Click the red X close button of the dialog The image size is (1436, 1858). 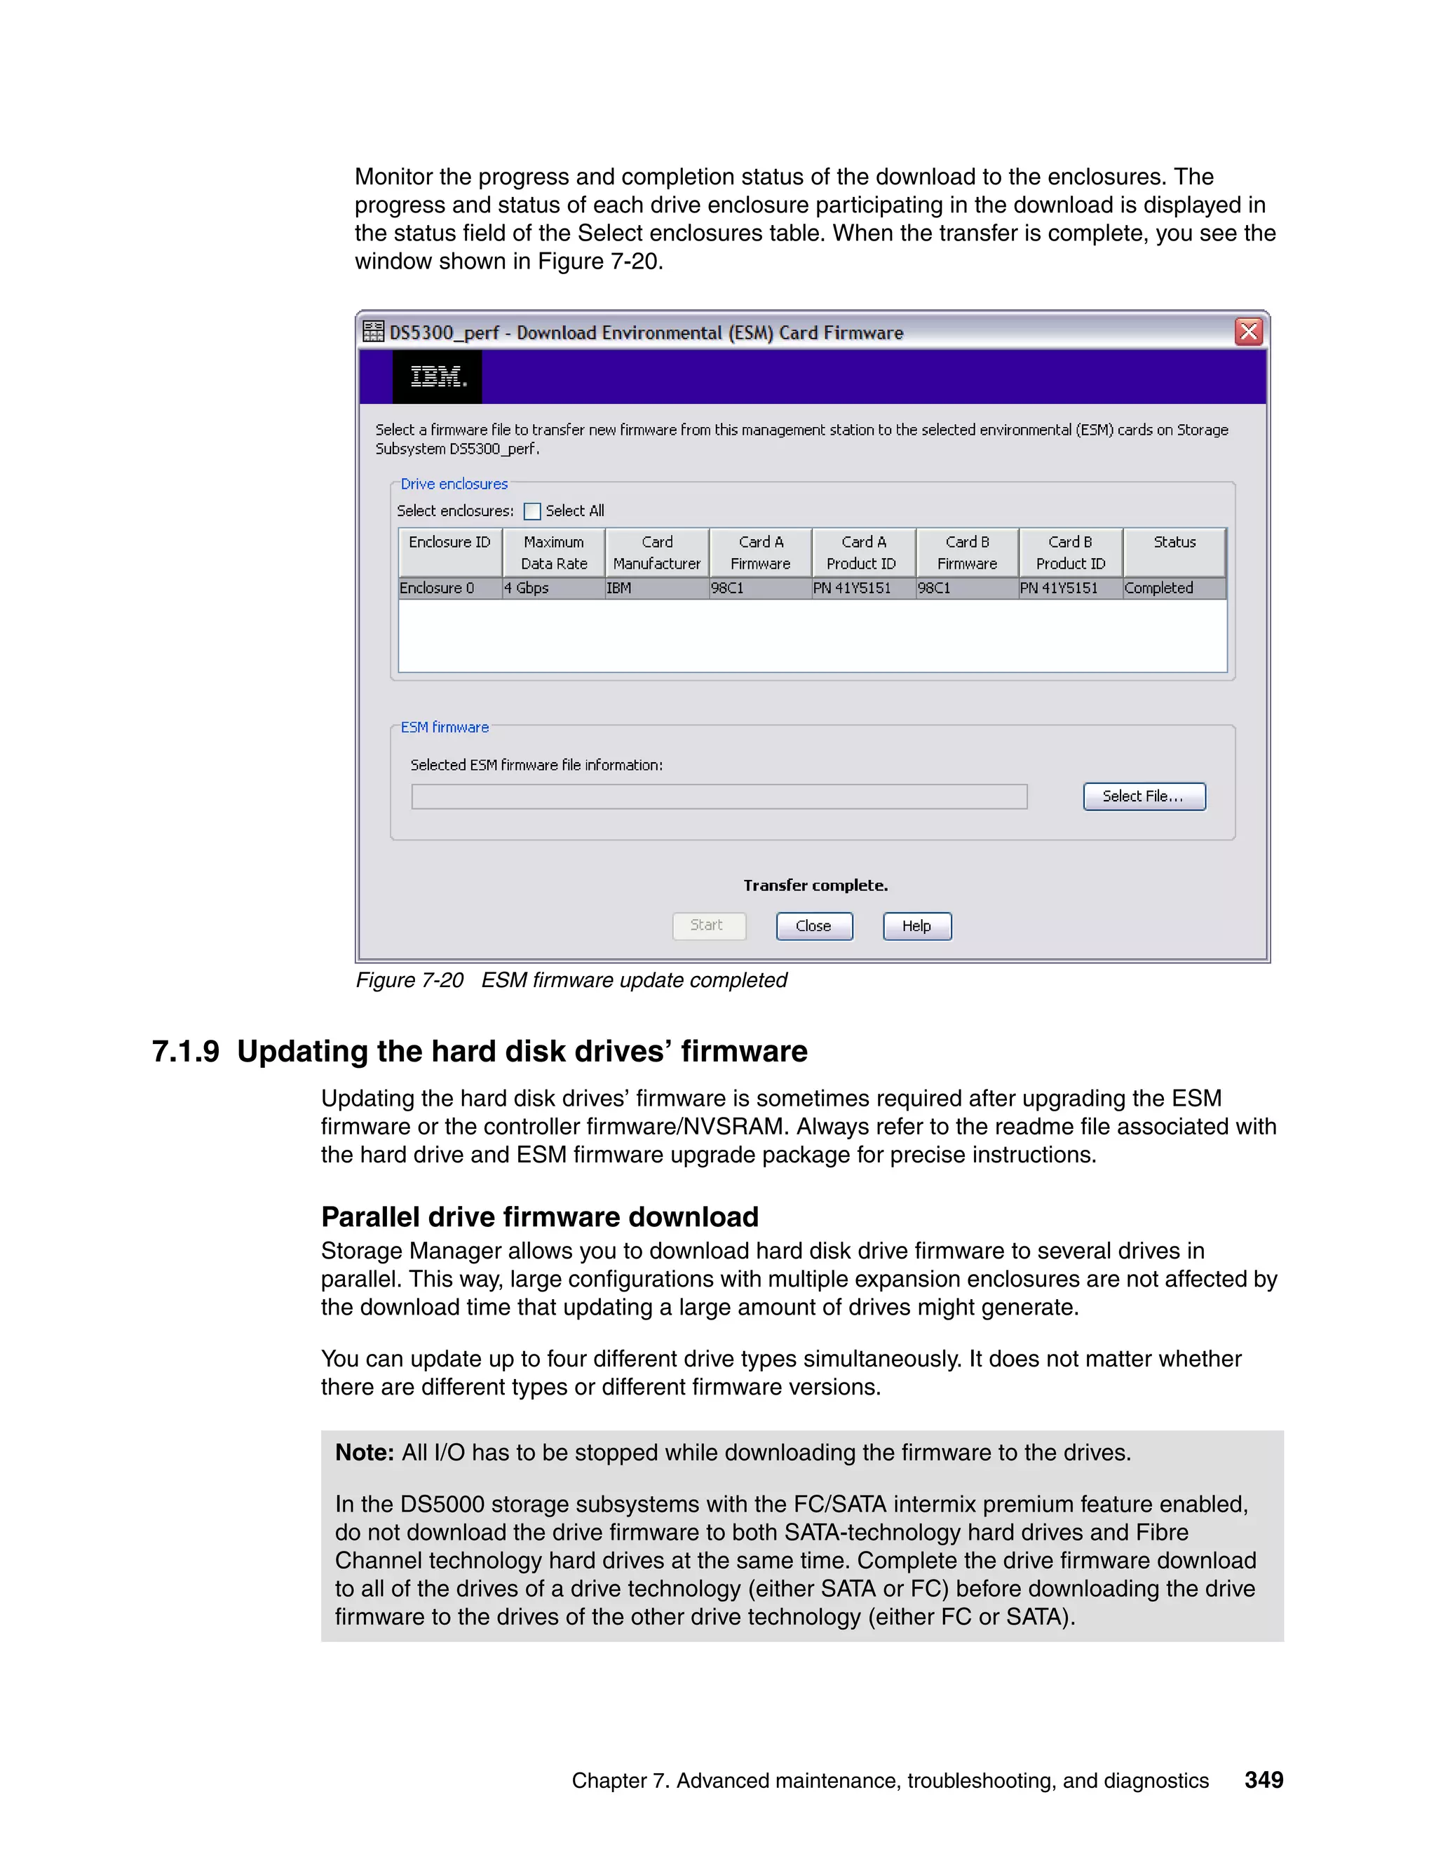1248,332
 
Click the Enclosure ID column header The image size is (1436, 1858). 449,551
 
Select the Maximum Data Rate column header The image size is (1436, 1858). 554,552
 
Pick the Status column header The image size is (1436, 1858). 1174,551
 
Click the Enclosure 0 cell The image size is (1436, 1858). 449,588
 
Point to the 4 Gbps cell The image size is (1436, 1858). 553,588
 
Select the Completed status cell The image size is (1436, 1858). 1174,588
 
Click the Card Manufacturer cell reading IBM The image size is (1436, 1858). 656,588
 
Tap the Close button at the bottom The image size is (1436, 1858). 813,925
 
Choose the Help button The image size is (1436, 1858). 916,925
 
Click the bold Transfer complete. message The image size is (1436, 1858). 815,886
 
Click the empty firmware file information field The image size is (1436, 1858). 719,796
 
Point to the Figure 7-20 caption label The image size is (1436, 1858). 410,980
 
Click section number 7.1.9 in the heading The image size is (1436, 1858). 185,1052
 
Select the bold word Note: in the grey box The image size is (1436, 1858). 364,1452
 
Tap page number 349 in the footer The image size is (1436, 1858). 1264,1779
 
